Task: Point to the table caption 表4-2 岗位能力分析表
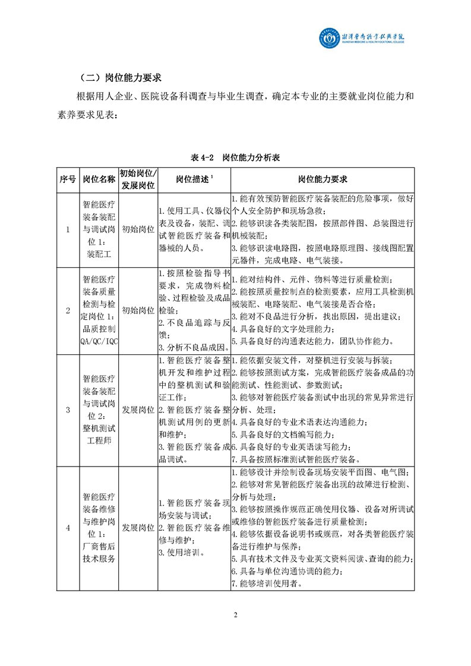point(235,158)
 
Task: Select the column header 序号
point(67,179)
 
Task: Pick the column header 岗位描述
point(194,179)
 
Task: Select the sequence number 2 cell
point(67,310)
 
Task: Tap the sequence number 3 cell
point(67,410)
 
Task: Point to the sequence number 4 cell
point(67,528)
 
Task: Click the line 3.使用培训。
point(181,552)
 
